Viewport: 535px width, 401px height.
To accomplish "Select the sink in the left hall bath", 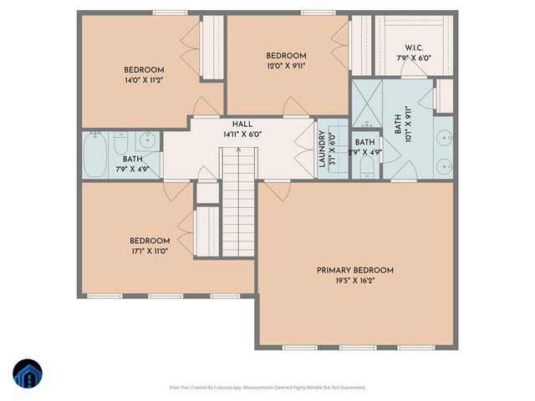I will click(x=149, y=140).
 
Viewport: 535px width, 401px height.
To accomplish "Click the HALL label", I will click(x=242, y=124).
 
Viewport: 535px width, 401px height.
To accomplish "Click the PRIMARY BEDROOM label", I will click(x=354, y=270).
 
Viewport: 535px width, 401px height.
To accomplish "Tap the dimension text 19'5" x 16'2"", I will click(x=354, y=282).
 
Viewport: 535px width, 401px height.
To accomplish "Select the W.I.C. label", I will click(x=412, y=48).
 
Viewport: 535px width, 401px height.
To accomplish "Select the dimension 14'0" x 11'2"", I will click(x=144, y=80).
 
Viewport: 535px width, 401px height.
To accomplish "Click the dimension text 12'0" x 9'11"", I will click(x=286, y=66).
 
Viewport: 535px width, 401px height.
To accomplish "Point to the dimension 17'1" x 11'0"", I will click(x=150, y=251).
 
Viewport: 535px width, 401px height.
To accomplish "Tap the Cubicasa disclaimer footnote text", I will click(x=267, y=387).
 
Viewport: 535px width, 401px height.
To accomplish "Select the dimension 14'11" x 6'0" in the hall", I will click(x=242, y=134).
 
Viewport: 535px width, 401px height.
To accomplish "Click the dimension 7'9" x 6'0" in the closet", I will click(x=412, y=58).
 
